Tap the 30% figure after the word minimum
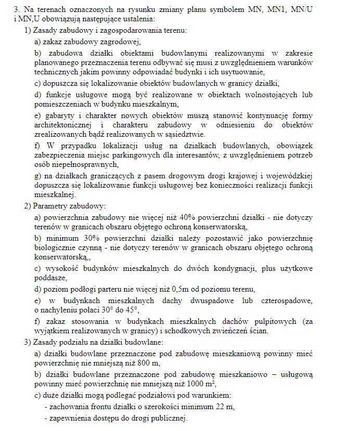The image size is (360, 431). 83,238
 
